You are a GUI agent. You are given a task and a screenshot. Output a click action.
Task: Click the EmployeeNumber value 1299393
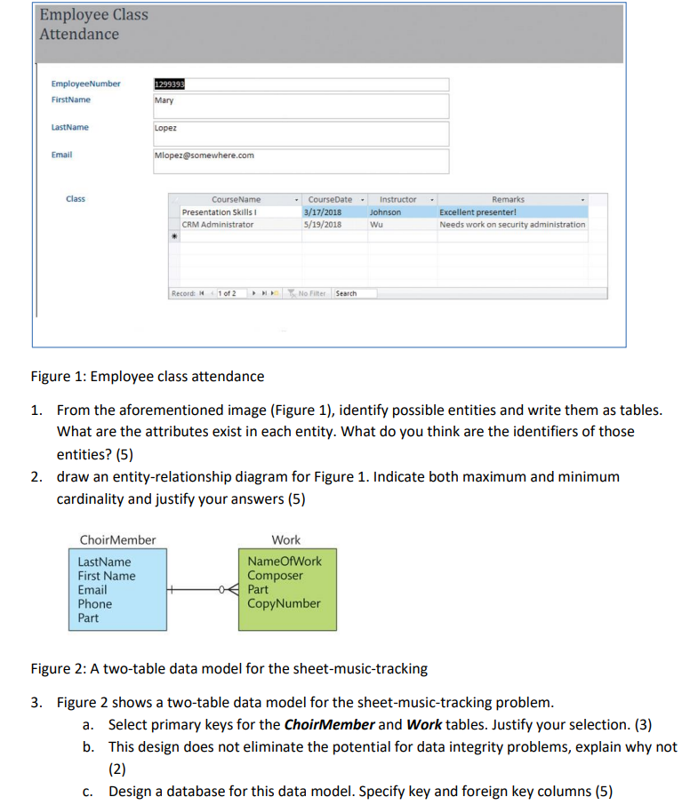tap(170, 84)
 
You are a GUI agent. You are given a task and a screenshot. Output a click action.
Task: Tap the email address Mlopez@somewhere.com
tap(205, 155)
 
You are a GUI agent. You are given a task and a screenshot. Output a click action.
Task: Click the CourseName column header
tap(237, 199)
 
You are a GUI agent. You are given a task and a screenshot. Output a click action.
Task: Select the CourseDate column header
tap(330, 199)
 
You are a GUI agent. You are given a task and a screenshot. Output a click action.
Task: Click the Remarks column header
tap(508, 199)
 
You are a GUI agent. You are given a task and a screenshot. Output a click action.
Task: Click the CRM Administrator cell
tap(218, 225)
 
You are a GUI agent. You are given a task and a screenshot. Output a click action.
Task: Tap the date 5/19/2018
tap(323, 225)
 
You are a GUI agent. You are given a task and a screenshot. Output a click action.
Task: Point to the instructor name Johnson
tap(385, 212)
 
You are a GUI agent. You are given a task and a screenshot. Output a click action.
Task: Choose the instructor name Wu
tap(376, 225)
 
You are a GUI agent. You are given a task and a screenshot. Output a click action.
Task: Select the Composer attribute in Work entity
tap(275, 575)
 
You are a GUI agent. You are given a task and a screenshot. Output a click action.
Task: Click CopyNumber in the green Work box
tap(284, 603)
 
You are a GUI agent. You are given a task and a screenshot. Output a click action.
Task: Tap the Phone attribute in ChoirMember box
tap(95, 603)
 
